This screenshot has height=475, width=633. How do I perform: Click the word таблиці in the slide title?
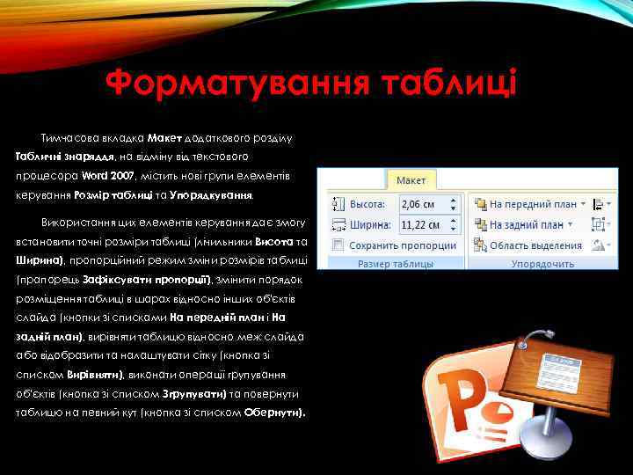pos(449,85)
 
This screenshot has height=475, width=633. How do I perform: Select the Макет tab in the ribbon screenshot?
pos(411,180)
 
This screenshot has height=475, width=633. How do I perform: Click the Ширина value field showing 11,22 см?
pos(424,225)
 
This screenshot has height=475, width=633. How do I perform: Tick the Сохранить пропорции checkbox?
pos(339,245)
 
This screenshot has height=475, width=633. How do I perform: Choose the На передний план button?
pos(527,204)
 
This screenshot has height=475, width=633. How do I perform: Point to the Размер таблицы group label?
pos(394,264)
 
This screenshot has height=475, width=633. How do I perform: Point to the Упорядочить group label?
pos(542,264)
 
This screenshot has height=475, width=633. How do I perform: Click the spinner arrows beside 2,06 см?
pos(454,204)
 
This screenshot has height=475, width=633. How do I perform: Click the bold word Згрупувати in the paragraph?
pos(196,394)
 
